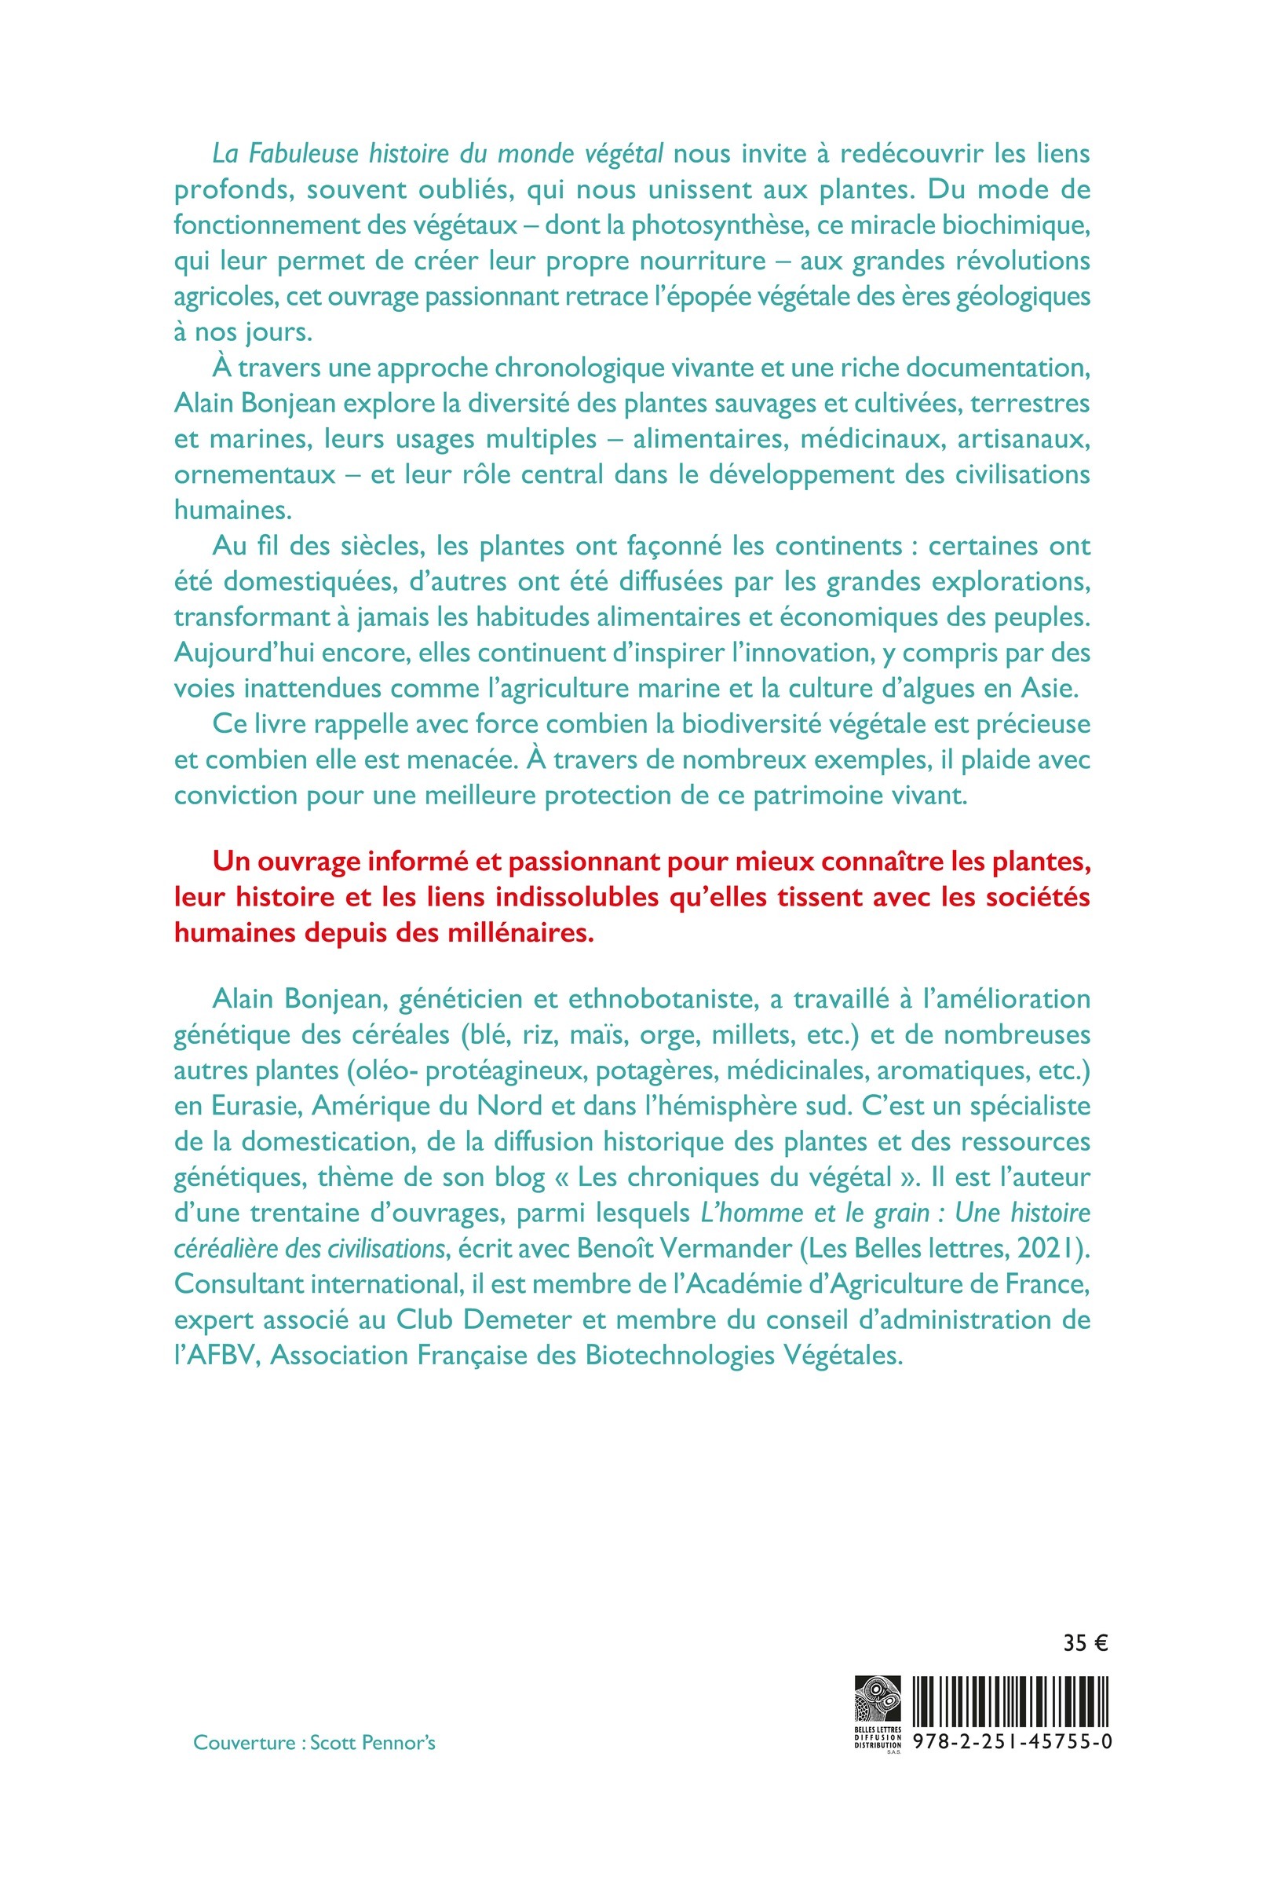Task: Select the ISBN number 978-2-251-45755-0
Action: [1013, 1741]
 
